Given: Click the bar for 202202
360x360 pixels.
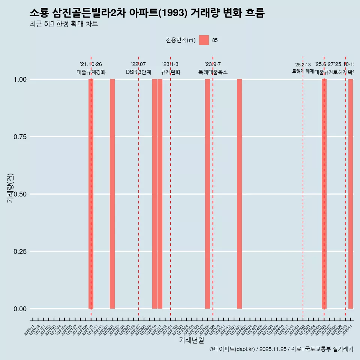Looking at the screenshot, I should (x=112, y=194).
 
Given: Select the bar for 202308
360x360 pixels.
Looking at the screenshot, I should (x=207, y=194).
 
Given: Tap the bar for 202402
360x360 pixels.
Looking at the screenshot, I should (x=239, y=194).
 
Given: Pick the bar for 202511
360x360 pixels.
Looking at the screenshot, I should (x=351, y=194).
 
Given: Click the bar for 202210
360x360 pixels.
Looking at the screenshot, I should (x=154, y=194).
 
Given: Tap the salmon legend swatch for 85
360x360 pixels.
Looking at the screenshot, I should (x=204, y=40).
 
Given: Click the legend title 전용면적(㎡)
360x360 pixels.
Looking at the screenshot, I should (x=180, y=40).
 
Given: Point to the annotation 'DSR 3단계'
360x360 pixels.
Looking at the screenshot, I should (x=138, y=72).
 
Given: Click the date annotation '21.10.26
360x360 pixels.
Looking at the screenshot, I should (x=91, y=64).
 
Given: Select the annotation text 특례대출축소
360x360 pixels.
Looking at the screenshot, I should (x=213, y=72).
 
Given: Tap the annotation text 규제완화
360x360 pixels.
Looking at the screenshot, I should (x=171, y=72).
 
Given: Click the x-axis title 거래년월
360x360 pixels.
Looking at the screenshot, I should (x=191, y=340).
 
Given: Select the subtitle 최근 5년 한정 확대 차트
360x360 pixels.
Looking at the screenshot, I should (x=64, y=24).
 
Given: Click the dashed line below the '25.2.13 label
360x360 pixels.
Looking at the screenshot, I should (x=303, y=187).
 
